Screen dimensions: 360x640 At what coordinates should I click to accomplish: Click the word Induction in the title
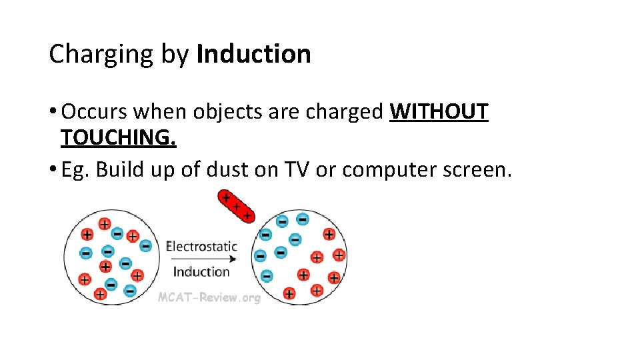pos(254,54)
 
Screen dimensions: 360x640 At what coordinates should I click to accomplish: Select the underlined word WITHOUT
pos(439,112)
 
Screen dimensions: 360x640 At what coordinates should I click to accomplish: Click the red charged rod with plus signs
pos(236,206)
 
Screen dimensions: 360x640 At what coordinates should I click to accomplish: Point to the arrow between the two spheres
pos(201,259)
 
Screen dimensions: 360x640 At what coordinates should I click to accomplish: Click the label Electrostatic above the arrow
pos(201,246)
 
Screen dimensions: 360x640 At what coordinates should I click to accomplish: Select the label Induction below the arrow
pos(201,271)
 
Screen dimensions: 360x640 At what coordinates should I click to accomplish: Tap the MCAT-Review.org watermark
pos(209,297)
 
